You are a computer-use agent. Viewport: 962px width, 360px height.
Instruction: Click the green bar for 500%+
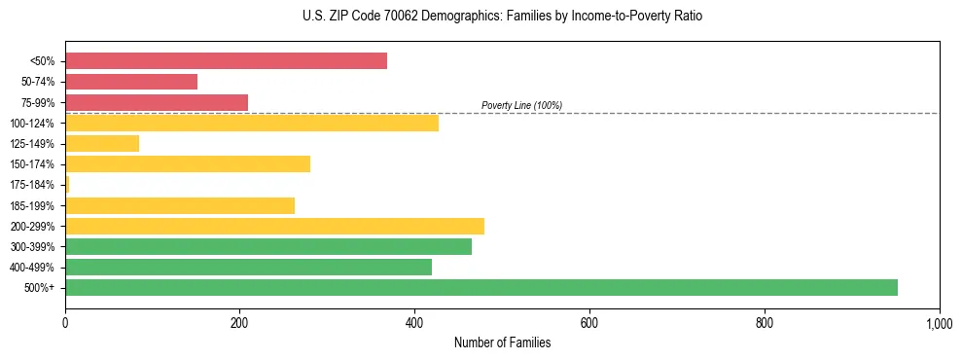coord(481,287)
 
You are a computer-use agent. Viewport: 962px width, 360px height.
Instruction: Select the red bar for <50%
coord(226,61)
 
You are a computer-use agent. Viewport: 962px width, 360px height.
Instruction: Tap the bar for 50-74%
coord(131,82)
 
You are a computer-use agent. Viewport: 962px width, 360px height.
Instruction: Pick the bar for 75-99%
coord(157,102)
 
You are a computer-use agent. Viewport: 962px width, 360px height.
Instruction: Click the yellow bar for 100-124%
coord(252,123)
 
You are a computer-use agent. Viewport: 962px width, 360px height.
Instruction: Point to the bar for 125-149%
coord(102,143)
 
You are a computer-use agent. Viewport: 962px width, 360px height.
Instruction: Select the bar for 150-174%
coord(188,163)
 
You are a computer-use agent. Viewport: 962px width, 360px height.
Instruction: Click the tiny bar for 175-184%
coord(67,184)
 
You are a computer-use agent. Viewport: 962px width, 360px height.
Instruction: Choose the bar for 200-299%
coord(274,226)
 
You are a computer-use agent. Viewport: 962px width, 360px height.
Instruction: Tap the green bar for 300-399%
coord(268,246)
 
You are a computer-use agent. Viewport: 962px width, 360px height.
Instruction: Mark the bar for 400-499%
coord(248,267)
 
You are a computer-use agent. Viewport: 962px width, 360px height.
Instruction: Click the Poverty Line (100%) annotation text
coord(521,105)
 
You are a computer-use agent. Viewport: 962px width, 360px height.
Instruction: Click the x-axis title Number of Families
coord(502,342)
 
